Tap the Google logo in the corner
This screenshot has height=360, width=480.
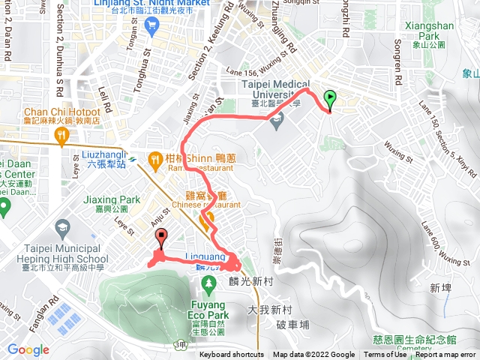(x=28, y=349)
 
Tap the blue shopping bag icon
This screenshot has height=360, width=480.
(x=153, y=26)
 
